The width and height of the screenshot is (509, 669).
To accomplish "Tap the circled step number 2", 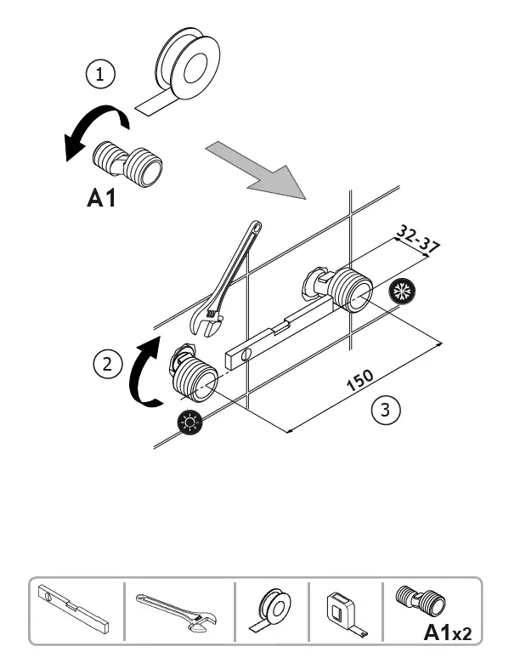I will [106, 366].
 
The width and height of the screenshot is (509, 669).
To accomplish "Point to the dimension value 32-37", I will [416, 239].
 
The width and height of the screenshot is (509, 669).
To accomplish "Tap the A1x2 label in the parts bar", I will [445, 632].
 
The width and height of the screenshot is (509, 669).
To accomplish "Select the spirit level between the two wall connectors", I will [272, 337].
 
